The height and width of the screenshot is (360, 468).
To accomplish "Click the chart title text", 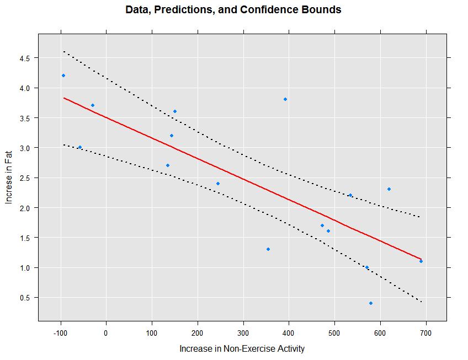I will coord(233,10).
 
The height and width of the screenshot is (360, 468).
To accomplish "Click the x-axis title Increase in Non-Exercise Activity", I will coord(242,348).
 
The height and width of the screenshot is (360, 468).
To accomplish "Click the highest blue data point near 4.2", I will coord(63,76).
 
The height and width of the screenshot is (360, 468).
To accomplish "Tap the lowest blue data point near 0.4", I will coord(371,303).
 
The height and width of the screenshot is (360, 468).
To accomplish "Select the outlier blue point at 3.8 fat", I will coord(285,99).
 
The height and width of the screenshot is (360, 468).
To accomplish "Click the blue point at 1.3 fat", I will coord(268,249).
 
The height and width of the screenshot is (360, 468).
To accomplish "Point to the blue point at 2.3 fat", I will coord(389,189).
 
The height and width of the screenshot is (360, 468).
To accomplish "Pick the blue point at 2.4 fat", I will coord(218,184).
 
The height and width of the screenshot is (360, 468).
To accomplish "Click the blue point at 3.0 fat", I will coord(80,147).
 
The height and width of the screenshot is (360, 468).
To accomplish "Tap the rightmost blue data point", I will coord(421,261).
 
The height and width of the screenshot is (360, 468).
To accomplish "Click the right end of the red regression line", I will coord(421,259).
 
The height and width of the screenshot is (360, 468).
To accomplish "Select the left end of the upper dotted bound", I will coord(63,51).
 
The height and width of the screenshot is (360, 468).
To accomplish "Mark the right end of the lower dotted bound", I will coord(421,302).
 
